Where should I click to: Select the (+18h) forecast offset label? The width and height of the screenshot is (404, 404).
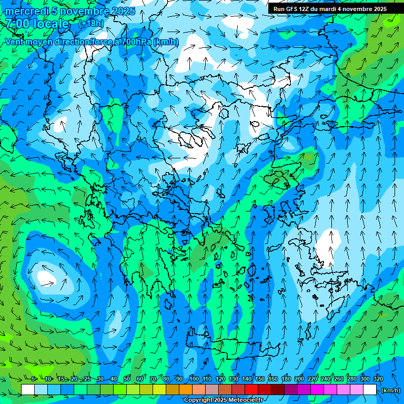point(90,24)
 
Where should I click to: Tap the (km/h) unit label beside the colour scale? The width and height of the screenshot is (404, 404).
point(390,390)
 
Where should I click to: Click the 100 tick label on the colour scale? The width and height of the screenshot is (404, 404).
point(194,379)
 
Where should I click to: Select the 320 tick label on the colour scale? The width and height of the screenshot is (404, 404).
point(378,379)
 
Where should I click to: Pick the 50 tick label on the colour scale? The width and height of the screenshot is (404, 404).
point(127,379)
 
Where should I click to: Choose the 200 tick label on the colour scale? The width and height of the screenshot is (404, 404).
point(299,379)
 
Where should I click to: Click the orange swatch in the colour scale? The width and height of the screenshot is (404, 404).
point(186,390)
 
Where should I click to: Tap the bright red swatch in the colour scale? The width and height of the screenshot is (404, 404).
point(251,390)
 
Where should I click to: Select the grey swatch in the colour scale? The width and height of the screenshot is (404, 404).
point(212,390)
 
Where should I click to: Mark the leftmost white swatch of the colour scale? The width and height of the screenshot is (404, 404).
point(28,390)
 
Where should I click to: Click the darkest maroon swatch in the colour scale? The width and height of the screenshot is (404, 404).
point(278,390)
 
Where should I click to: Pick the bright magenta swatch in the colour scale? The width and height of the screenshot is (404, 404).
point(317,390)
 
